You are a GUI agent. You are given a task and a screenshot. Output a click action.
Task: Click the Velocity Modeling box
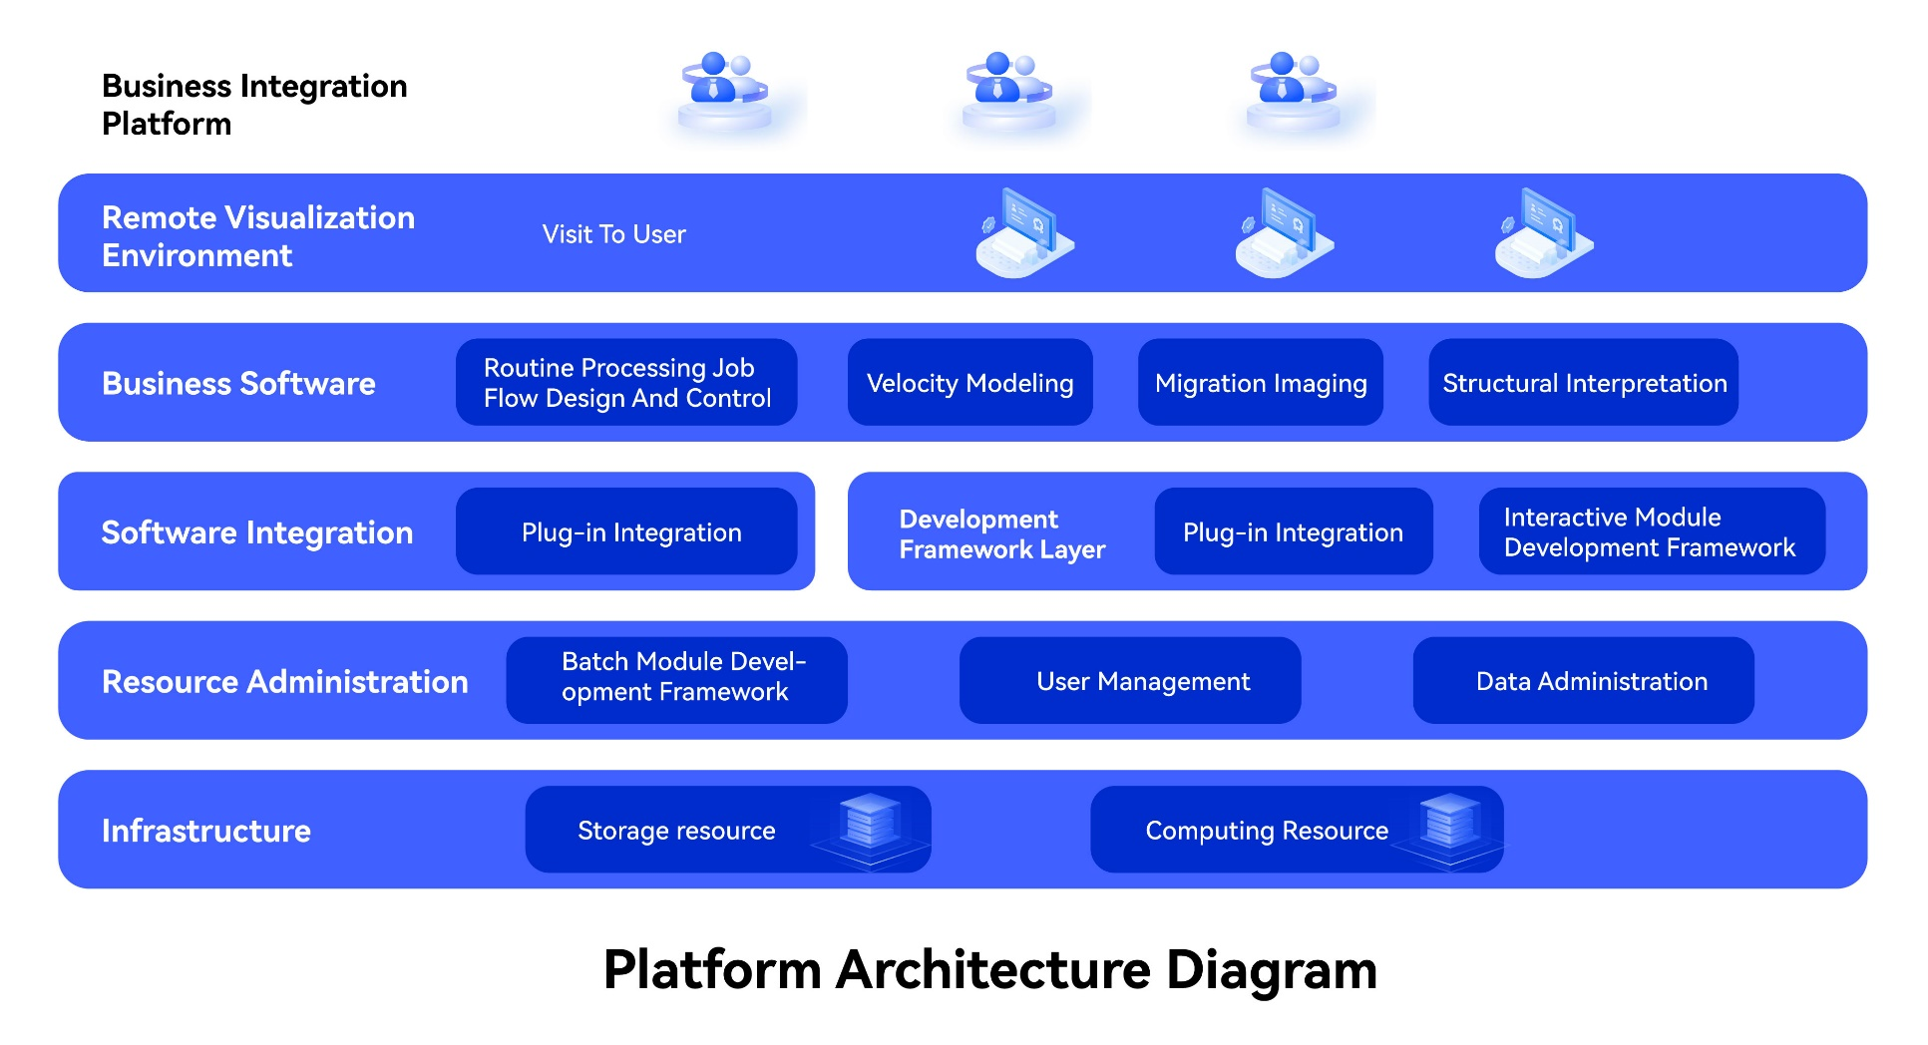click(969, 382)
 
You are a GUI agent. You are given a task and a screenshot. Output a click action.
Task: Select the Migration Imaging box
click(1260, 382)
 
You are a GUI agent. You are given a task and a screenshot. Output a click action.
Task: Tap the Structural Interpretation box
click(1583, 382)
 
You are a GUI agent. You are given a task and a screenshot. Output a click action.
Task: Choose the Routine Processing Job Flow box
click(626, 382)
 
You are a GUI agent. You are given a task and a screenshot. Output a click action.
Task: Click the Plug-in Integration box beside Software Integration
click(626, 531)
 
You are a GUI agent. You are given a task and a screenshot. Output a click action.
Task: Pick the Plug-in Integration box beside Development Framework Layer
click(1293, 531)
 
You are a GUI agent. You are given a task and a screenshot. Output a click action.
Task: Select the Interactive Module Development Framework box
click(1652, 531)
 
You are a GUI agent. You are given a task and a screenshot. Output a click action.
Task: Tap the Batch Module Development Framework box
click(676, 680)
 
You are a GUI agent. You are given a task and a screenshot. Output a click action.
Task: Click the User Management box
click(1130, 680)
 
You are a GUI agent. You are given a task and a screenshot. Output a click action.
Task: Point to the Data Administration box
click(1583, 680)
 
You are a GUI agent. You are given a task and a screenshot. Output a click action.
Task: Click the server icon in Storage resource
click(870, 824)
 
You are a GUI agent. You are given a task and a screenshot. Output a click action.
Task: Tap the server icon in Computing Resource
click(1449, 824)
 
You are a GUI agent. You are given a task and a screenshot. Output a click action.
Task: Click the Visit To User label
click(613, 234)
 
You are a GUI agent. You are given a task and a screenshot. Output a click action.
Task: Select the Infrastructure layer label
click(206, 831)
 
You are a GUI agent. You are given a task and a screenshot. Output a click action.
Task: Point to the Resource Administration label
click(285, 681)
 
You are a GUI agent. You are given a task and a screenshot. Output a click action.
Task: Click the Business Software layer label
click(238, 383)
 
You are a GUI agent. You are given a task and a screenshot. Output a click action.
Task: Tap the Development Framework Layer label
click(1001, 533)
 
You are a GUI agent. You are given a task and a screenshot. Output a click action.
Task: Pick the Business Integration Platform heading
click(254, 105)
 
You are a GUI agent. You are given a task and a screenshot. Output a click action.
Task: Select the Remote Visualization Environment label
click(258, 236)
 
